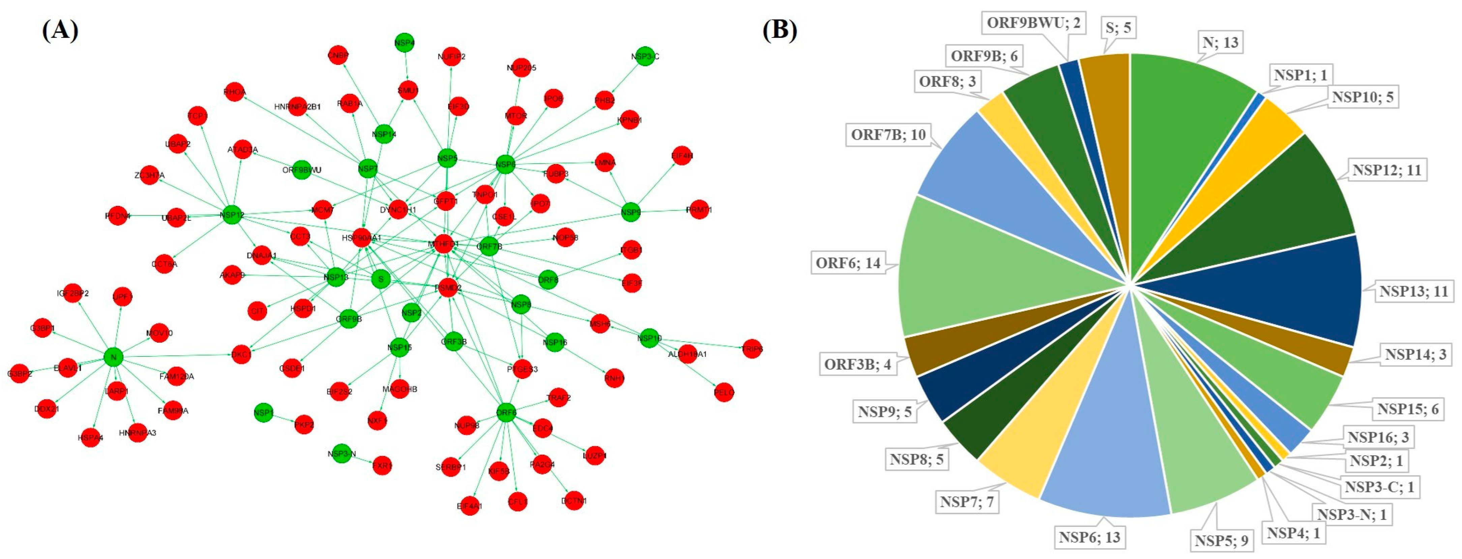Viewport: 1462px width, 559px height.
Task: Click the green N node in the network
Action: [114, 357]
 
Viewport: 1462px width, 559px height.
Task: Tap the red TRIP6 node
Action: [752, 349]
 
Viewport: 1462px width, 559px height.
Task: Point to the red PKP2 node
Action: [304, 424]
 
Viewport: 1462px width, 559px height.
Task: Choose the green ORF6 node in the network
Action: [506, 412]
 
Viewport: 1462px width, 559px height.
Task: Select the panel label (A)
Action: [60, 30]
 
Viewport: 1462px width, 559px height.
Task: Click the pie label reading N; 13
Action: [1220, 43]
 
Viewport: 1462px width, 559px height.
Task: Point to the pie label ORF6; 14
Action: [848, 263]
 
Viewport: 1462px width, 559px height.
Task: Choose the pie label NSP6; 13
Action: [1089, 537]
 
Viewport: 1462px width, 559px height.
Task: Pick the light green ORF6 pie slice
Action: [976, 267]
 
